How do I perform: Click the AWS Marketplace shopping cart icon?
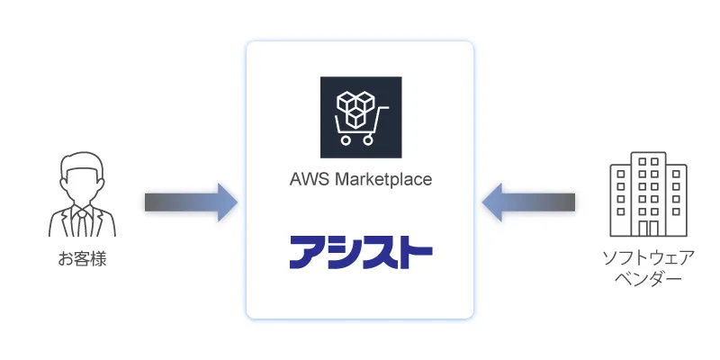pos(360,118)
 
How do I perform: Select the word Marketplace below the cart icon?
pos(383,179)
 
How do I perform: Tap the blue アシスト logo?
pos(360,253)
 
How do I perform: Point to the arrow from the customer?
pos(190,202)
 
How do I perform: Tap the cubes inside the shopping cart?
pos(355,106)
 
